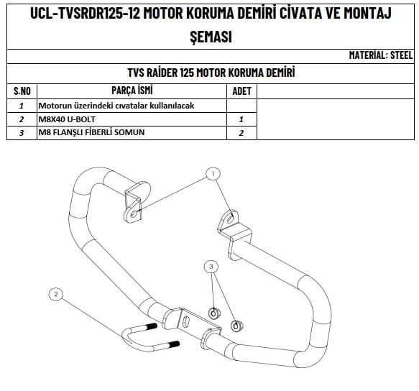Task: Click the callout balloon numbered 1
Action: click(x=213, y=173)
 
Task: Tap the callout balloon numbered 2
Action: click(x=55, y=293)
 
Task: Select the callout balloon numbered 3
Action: click(x=211, y=267)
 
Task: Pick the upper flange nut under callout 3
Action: click(x=213, y=313)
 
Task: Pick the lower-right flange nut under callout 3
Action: click(x=236, y=326)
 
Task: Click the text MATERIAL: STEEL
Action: click(x=380, y=55)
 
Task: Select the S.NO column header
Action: click(x=22, y=91)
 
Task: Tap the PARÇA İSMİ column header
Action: click(x=132, y=91)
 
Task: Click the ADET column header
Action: click(x=241, y=91)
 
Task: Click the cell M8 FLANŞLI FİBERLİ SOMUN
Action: click(x=96, y=132)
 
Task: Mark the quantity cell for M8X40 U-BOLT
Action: click(x=241, y=119)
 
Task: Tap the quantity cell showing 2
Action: click(x=241, y=132)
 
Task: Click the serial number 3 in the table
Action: click(x=22, y=132)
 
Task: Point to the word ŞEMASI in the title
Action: click(x=210, y=37)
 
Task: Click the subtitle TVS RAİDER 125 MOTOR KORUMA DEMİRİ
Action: click(x=211, y=73)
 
